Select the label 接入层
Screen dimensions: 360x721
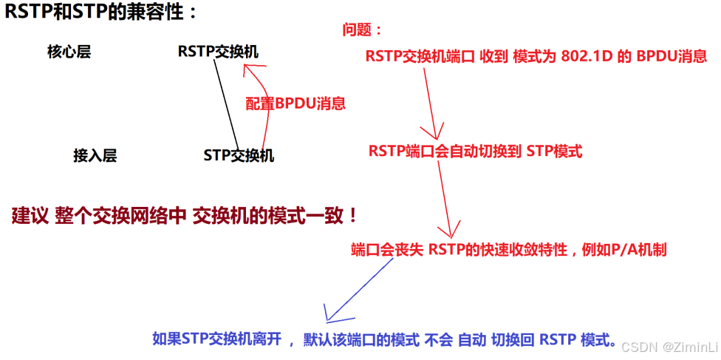(95, 155)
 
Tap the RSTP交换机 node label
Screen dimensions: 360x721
(218, 52)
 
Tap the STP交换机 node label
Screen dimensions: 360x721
(239, 155)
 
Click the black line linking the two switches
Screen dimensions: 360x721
(226, 103)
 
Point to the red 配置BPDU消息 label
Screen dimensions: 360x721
(295, 103)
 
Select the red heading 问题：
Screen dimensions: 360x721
(363, 30)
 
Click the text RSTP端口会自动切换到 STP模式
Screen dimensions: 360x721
(475, 152)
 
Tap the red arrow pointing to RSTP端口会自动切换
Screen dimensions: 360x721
(428, 103)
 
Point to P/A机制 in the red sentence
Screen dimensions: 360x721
(638, 249)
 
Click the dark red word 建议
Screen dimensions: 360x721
(30, 217)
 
